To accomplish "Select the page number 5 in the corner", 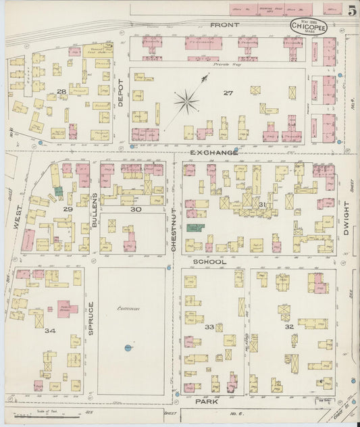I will coord(353,9).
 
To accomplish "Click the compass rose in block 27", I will coord(187,102).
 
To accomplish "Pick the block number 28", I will coord(61,91).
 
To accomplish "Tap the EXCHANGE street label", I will coord(213,153).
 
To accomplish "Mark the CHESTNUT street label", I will coord(174,230).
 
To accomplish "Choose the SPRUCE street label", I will coord(89,318).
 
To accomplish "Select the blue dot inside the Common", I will coord(127,348).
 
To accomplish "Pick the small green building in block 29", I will coord(59,191).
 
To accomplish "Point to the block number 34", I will coord(49,330).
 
